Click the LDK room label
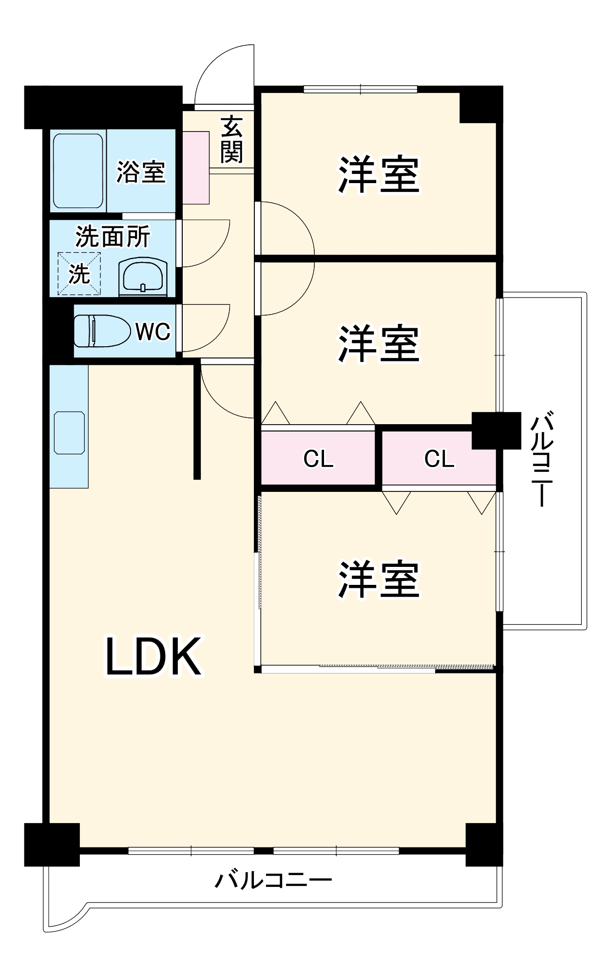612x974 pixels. (153, 656)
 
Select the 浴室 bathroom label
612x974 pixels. (141, 172)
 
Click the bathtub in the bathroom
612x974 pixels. (78, 170)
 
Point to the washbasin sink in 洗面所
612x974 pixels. (142, 278)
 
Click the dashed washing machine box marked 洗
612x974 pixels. (79, 274)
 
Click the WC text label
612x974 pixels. (153, 332)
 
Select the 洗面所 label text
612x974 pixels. (113, 237)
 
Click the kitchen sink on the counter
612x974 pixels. (69, 432)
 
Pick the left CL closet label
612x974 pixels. (318, 459)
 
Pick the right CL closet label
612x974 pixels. (439, 459)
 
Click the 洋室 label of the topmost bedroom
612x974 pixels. (379, 174)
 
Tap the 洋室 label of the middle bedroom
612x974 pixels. (379, 344)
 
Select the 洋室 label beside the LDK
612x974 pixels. (379, 580)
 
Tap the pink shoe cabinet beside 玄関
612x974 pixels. (196, 167)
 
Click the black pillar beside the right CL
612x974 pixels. (496, 431)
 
